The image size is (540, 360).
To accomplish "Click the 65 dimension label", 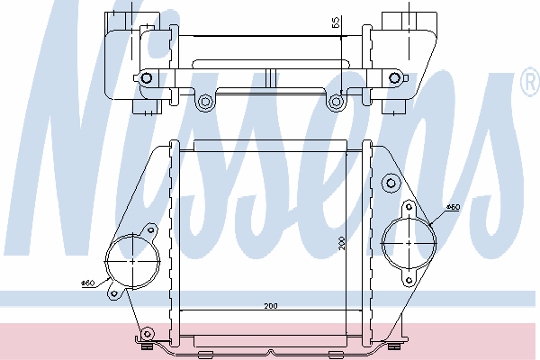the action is (x=336, y=22).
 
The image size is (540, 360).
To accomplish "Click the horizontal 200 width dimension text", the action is (x=271, y=306).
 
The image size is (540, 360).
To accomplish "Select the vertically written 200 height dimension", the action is (x=341, y=243).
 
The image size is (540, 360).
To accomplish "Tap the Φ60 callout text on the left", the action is (x=88, y=283).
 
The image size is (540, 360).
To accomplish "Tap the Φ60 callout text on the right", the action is (x=454, y=207).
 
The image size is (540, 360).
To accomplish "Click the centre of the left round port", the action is (x=133, y=261).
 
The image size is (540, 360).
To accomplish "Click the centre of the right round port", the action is (x=409, y=243).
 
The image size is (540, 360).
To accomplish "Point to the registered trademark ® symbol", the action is (x=530, y=81).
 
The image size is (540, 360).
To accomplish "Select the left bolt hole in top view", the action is (x=147, y=78).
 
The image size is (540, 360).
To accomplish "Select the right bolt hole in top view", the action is (x=394, y=78).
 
